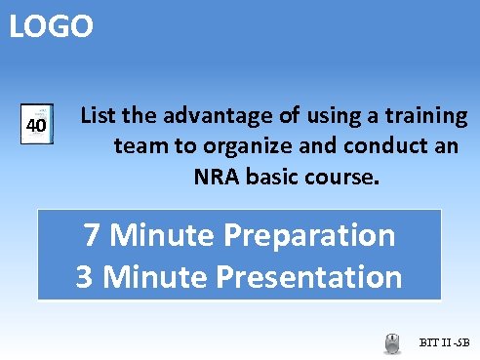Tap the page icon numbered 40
point(36,126)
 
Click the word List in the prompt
point(98,116)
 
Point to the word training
point(428,116)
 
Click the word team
point(138,147)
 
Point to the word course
point(338,179)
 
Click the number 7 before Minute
point(93,235)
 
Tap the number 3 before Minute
point(86,277)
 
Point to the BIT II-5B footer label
point(445,342)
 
